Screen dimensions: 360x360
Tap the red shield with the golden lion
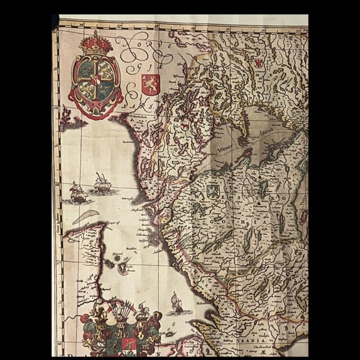[150, 83]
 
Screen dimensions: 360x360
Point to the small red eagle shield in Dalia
[259, 62]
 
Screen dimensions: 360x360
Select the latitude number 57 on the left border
[58, 262]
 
